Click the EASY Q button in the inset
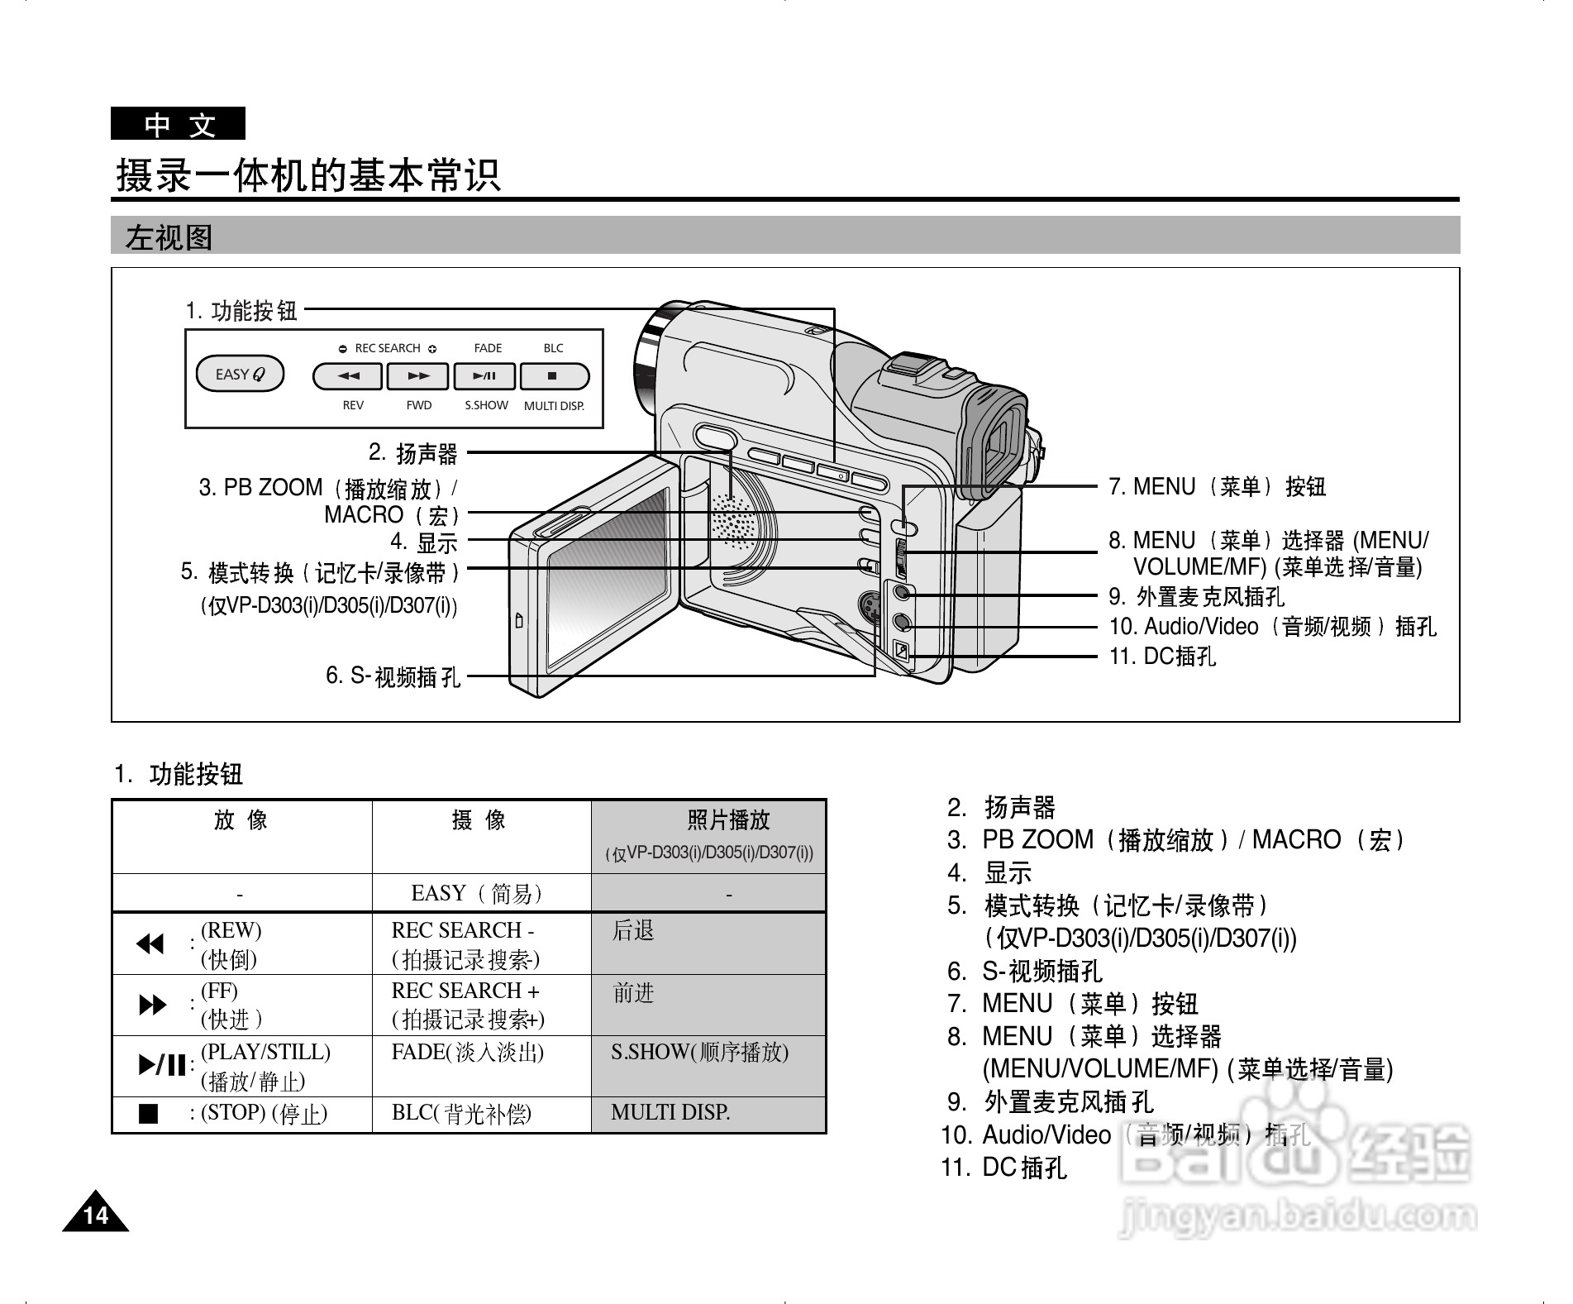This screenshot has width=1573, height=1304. (x=240, y=375)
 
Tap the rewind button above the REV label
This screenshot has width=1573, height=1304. (x=348, y=376)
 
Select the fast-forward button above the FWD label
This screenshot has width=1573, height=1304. (x=418, y=376)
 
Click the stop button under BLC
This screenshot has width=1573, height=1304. (x=553, y=376)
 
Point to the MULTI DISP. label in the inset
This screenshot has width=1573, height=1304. (x=554, y=406)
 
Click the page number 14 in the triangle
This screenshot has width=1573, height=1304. (x=96, y=1215)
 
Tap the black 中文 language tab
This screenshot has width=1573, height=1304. (x=179, y=125)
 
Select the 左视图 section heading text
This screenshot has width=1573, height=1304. (x=169, y=238)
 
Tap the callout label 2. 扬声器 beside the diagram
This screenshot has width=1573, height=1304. (x=413, y=453)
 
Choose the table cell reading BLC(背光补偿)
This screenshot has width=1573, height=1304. (x=461, y=1114)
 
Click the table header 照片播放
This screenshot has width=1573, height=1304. (x=728, y=820)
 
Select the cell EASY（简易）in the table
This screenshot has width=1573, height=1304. (x=477, y=894)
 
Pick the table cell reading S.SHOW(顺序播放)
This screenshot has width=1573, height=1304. (x=699, y=1053)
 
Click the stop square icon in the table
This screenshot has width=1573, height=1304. (x=149, y=1114)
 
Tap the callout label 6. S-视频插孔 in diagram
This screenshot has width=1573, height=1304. (x=393, y=676)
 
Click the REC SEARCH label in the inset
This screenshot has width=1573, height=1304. (x=388, y=348)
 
